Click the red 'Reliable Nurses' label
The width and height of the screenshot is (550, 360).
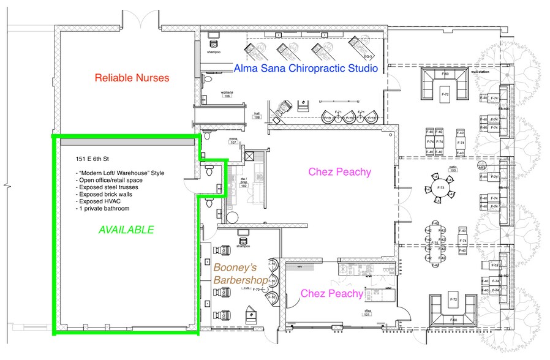click(x=132, y=78)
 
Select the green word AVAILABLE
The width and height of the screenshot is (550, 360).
click(x=126, y=230)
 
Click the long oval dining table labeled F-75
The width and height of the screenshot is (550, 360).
click(x=435, y=243)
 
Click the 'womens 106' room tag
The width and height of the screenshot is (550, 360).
click(x=227, y=94)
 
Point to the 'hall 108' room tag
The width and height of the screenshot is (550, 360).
click(x=257, y=114)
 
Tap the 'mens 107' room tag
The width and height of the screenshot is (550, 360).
click(x=233, y=140)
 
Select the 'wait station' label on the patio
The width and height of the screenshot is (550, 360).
click(x=479, y=72)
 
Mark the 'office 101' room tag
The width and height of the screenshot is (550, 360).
click(x=369, y=313)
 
